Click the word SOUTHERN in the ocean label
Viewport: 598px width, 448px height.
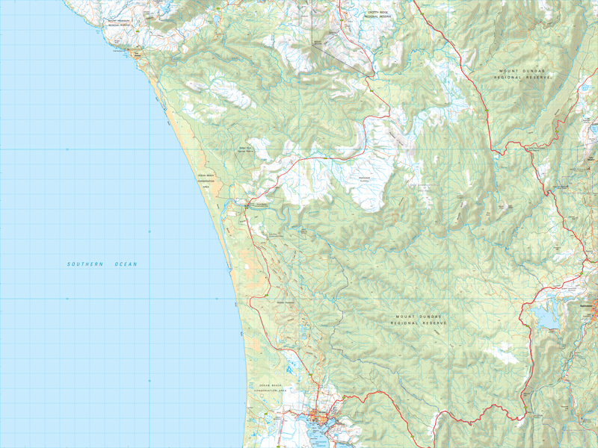point(84,264)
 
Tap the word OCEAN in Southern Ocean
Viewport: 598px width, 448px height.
point(126,264)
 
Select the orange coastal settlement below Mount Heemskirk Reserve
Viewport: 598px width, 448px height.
point(138,53)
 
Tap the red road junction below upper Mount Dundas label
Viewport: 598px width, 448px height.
point(495,152)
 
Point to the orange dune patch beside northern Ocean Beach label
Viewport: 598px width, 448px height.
point(218,187)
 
